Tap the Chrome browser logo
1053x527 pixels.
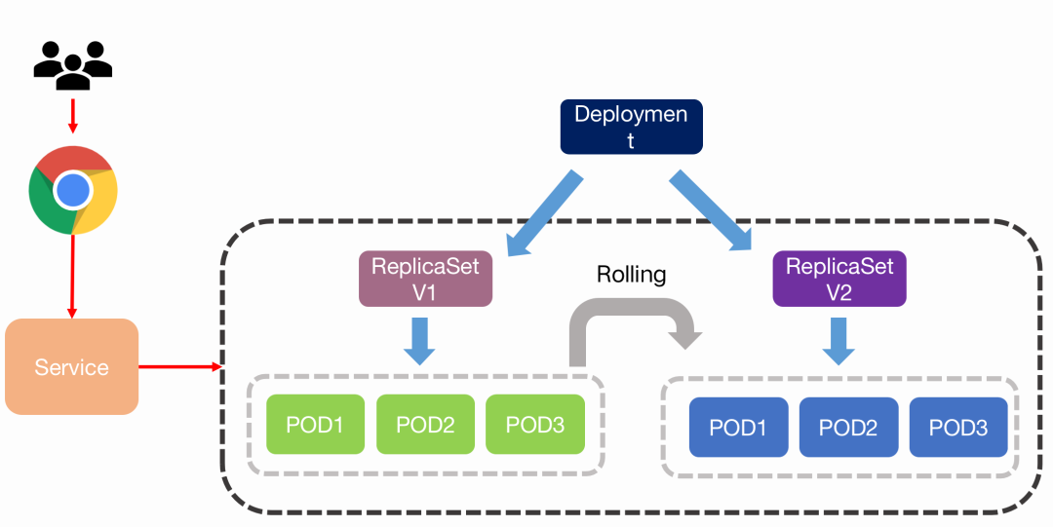[73, 190]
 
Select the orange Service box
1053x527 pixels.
[71, 366]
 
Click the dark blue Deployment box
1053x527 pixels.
[631, 127]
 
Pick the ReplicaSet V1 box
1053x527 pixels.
[424, 279]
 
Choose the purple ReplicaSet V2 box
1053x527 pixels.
[839, 279]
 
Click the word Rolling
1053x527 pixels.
[631, 275]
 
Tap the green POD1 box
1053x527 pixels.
[315, 425]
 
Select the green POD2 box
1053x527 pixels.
[425, 425]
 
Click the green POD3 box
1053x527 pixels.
[535, 425]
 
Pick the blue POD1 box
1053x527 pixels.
[738, 428]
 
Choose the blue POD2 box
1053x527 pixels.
[848, 428]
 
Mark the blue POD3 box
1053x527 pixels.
[958, 428]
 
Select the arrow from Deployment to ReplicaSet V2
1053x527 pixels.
[711, 211]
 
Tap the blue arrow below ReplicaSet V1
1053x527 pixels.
[419, 340]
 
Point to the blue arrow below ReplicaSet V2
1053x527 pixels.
[838, 341]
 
